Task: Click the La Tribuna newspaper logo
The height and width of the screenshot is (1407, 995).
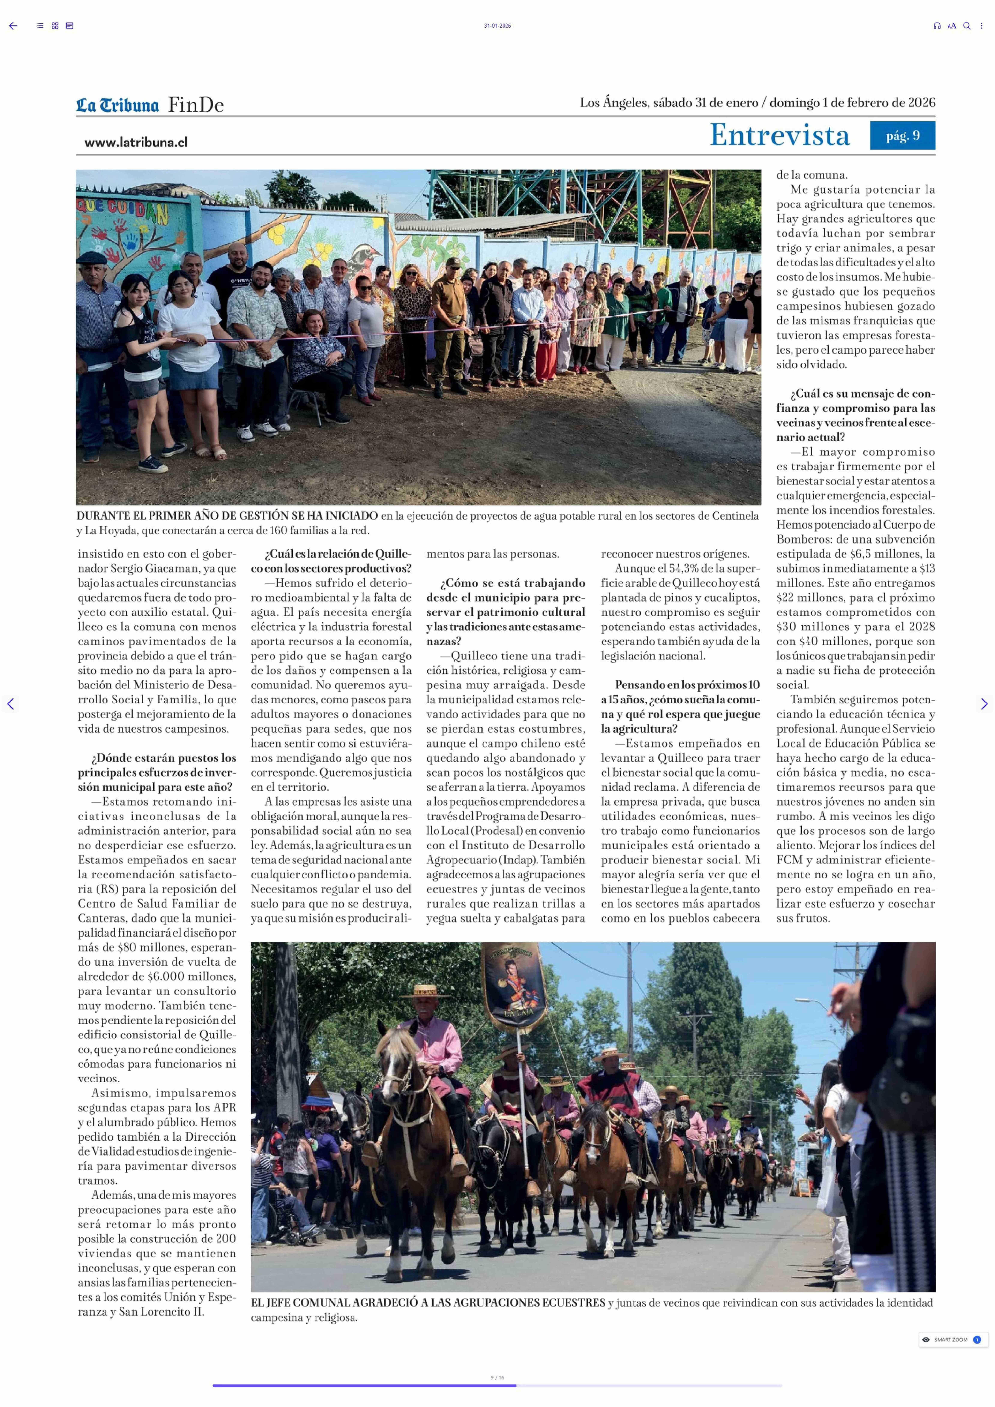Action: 117,105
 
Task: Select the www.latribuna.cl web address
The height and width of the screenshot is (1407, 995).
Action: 136,142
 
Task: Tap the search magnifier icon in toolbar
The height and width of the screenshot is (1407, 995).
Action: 966,26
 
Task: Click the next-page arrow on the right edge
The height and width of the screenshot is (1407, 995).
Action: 984,704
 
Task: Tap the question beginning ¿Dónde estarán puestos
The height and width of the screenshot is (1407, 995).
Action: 157,772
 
